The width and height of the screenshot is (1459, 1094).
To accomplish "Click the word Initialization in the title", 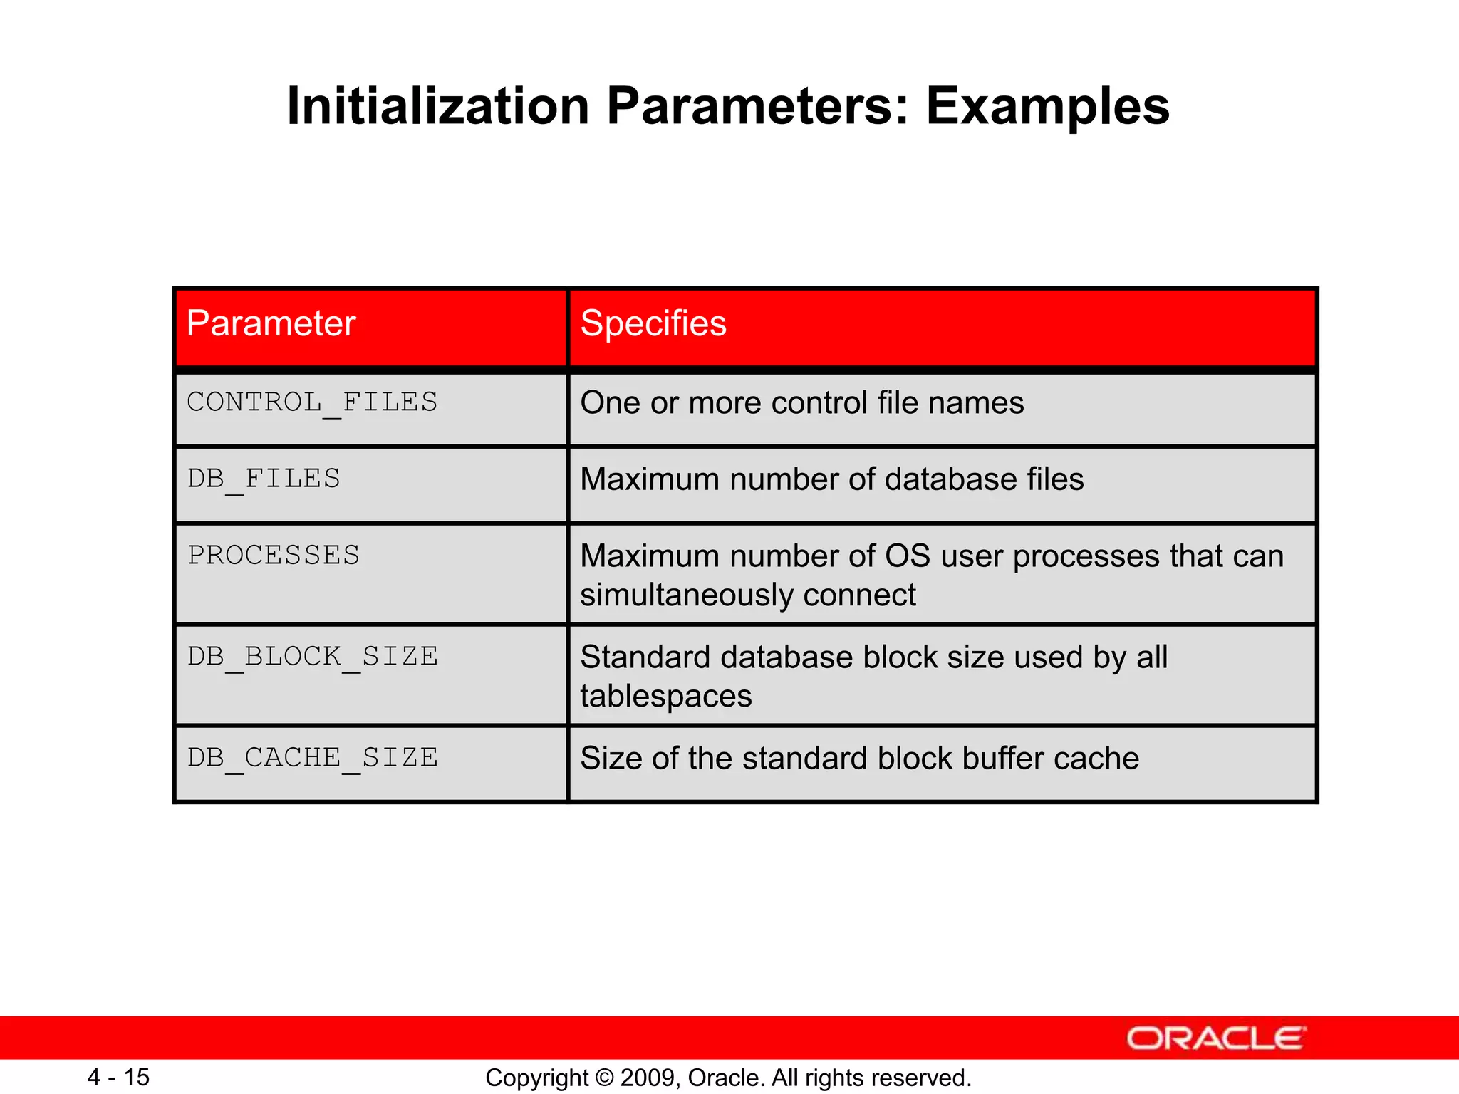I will click(437, 107).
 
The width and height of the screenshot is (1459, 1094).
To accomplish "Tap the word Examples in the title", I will click(1047, 107).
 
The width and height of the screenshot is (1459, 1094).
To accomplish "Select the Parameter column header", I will click(271, 324).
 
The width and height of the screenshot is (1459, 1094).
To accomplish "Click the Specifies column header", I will click(653, 324).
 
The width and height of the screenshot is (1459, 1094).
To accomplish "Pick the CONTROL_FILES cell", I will click(312, 403).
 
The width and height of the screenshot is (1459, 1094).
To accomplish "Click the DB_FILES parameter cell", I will click(264, 479).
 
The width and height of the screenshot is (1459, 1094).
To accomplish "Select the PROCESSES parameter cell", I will click(274, 556).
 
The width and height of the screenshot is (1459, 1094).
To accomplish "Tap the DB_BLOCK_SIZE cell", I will click(312, 657).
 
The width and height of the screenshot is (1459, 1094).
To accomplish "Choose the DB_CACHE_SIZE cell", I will click(312, 758).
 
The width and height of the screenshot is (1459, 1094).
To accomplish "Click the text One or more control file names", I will click(802, 403).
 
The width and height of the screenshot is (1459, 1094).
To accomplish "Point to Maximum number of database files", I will click(832, 479).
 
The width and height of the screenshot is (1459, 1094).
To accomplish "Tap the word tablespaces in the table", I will click(666, 697).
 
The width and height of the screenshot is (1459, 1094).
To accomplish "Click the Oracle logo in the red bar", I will click(1215, 1038).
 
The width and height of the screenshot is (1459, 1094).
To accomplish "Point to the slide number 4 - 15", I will click(118, 1077).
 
